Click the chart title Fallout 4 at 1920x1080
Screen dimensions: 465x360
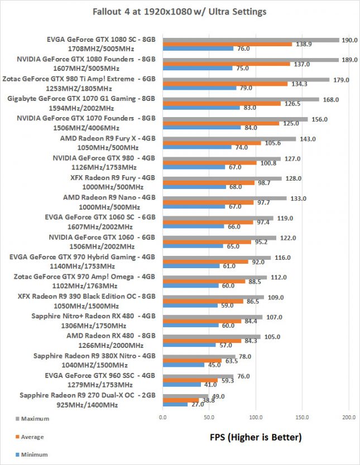[179, 11]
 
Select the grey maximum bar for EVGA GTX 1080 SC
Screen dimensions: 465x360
[251, 40]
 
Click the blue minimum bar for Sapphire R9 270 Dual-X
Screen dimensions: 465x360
[175, 404]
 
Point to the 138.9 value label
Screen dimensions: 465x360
[303, 43]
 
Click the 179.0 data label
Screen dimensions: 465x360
[340, 80]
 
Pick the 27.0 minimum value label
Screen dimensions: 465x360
[198, 404]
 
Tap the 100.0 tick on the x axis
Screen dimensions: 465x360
[256, 416]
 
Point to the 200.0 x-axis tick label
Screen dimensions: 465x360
[349, 416]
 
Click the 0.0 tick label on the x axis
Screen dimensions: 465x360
[163, 416]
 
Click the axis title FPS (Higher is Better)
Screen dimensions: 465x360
[256, 437]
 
